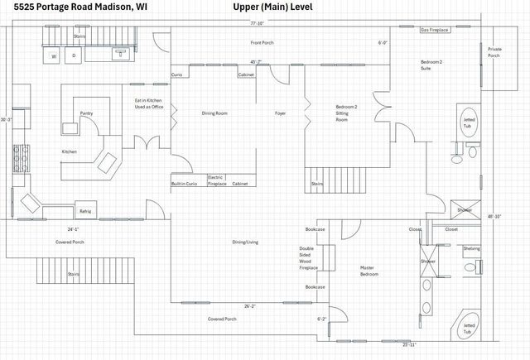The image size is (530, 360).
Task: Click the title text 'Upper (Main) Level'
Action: click(273, 7)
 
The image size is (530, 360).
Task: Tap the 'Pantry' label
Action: click(86, 113)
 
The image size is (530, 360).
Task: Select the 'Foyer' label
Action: click(281, 113)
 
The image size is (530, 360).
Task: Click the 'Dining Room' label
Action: click(214, 113)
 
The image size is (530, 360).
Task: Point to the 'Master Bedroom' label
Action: click(369, 271)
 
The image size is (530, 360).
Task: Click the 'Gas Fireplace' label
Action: click(435, 29)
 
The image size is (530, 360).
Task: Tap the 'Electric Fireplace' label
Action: click(215, 180)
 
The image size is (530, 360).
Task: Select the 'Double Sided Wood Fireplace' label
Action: click(307, 258)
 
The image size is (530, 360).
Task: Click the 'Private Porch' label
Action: click(494, 52)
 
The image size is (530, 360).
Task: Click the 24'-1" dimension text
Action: click(74, 228)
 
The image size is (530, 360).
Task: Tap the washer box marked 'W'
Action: click(54, 56)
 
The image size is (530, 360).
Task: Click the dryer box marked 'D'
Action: click(74, 56)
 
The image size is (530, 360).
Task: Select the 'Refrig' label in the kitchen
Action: click(85, 212)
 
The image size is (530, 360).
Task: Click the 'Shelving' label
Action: click(471, 248)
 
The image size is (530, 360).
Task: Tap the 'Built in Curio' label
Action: click(184, 184)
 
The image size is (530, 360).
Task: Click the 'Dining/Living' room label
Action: click(245, 242)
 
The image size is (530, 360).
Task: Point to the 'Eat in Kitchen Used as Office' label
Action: click(148, 104)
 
